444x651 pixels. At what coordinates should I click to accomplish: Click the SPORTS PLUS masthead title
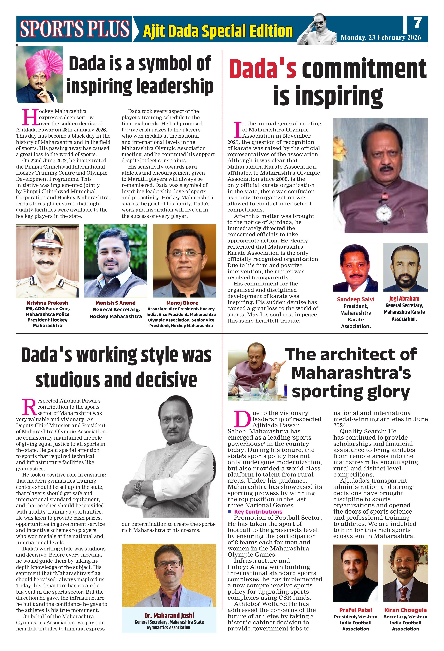click(75, 29)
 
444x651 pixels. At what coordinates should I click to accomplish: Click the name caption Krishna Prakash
click(48, 303)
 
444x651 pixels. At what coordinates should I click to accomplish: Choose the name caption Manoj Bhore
click(182, 303)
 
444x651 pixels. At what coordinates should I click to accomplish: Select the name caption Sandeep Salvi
click(355, 299)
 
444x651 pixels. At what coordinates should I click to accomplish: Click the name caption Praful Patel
click(355, 610)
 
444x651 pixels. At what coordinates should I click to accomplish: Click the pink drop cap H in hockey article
click(30, 118)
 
